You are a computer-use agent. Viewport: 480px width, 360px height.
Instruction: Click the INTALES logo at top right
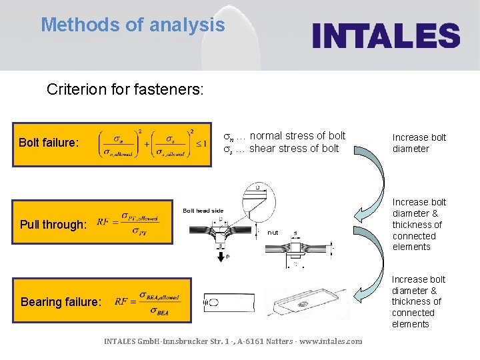pyautogui.click(x=386, y=35)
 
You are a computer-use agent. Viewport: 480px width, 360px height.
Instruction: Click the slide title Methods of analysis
pyautogui.click(x=133, y=25)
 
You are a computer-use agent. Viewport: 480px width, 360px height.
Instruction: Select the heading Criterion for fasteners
pyautogui.click(x=125, y=89)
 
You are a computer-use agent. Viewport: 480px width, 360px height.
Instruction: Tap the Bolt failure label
pyautogui.click(x=49, y=143)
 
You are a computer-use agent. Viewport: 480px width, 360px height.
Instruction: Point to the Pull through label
pyautogui.click(x=53, y=225)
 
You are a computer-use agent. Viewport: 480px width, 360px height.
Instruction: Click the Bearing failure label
pyautogui.click(x=61, y=302)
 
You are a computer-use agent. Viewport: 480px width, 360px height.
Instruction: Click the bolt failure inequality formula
pyautogui.click(x=152, y=143)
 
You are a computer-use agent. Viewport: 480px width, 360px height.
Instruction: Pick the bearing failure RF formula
pyautogui.click(x=147, y=302)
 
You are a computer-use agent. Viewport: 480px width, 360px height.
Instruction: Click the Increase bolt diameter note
pyautogui.click(x=419, y=143)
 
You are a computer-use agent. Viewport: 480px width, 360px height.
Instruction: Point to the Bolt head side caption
pyautogui.click(x=203, y=211)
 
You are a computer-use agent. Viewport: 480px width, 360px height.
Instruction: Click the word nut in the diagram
pyautogui.click(x=273, y=233)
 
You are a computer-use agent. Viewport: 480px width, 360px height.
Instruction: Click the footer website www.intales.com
pyautogui.click(x=331, y=341)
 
